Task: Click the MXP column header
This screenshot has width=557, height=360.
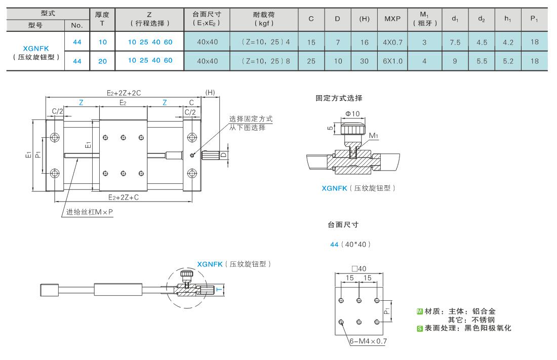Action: (392, 19)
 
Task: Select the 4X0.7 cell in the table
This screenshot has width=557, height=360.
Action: (392, 43)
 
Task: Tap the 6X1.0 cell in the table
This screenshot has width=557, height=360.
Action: (392, 61)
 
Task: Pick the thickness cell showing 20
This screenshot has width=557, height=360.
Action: (102, 61)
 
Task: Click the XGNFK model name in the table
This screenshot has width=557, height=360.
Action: (36, 48)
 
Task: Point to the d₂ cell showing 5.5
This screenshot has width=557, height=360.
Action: (482, 61)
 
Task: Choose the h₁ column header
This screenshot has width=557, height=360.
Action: (508, 19)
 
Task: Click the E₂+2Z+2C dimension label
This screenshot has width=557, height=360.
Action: (124, 93)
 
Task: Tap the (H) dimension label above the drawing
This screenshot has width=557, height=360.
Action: (210, 92)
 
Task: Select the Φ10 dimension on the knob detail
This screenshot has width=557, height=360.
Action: (352, 114)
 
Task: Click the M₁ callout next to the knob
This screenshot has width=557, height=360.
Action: (373, 135)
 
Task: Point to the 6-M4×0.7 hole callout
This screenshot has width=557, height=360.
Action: (368, 341)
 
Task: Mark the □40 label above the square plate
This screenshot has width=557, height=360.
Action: (359, 269)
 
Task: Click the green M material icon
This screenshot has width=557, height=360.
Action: (420, 311)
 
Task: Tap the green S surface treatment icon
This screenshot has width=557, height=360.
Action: (420, 328)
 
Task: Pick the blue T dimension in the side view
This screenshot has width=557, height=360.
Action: (219, 290)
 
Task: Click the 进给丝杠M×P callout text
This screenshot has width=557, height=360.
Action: (90, 212)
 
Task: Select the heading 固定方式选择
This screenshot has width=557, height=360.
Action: (339, 98)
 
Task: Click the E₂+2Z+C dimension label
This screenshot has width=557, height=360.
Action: (123, 197)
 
